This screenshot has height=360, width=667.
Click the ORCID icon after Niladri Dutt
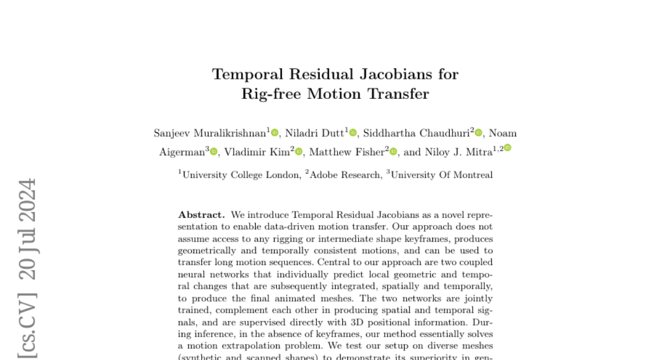pyautogui.click(x=353, y=133)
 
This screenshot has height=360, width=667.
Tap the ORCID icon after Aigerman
pyautogui.click(x=214, y=152)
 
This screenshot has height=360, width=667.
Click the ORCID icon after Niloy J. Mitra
pyautogui.click(x=507, y=148)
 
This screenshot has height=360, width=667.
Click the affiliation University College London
pyautogui.click(x=241, y=175)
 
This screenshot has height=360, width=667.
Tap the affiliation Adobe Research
pyautogui.click(x=345, y=175)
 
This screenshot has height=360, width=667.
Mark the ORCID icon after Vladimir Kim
pyautogui.click(x=299, y=152)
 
